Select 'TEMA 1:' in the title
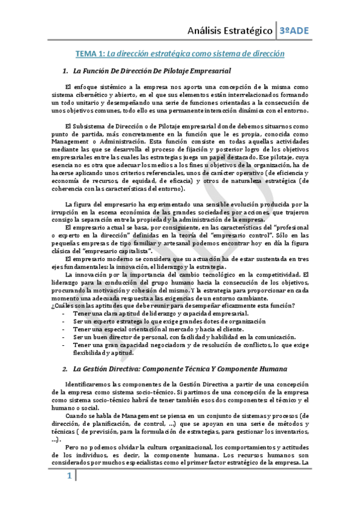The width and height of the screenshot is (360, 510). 90,54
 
